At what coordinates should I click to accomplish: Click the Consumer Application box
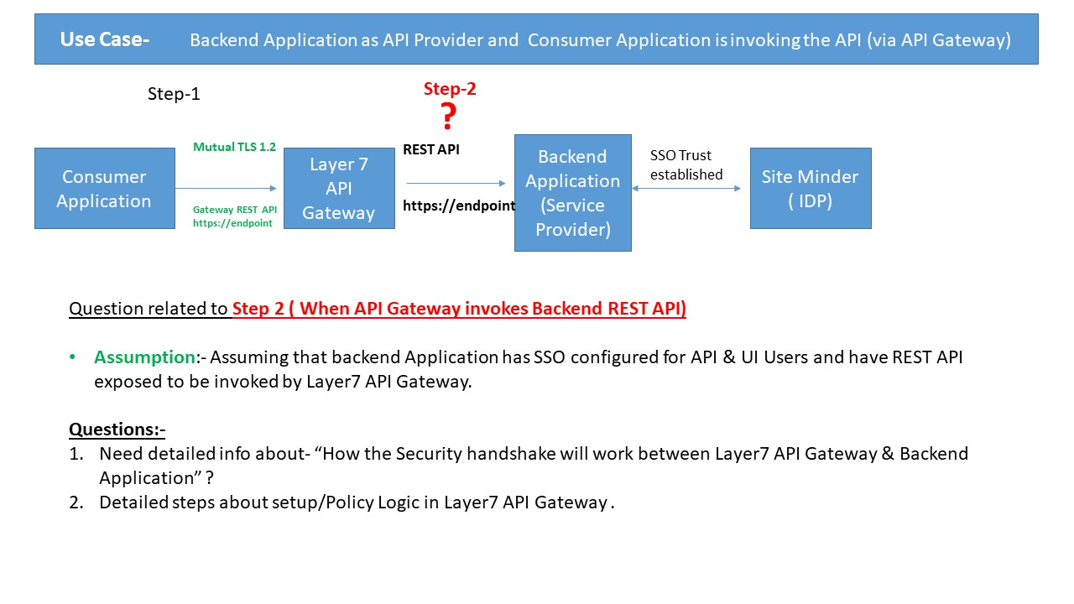[x=104, y=189]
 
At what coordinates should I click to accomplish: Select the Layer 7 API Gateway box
[x=339, y=189]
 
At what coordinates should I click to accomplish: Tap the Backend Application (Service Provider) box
[x=572, y=193]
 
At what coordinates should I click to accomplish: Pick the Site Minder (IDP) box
[x=810, y=189]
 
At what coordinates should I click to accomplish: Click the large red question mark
[x=449, y=116]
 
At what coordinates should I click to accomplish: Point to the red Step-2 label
[x=450, y=89]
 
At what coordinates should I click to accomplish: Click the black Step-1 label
[x=174, y=94]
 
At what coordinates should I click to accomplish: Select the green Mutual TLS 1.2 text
[x=234, y=147]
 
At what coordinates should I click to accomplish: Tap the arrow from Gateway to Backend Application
[x=455, y=183]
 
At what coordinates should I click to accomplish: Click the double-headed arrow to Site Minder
[x=686, y=189]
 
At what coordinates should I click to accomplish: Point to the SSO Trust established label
[x=686, y=165]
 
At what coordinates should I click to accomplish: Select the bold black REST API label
[x=431, y=149]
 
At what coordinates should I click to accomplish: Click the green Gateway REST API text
[x=234, y=209]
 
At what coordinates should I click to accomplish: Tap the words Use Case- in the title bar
[x=105, y=39]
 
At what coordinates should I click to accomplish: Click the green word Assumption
[x=144, y=357]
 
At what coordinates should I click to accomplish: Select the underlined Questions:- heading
[x=117, y=430]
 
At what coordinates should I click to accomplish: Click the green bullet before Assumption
[x=73, y=357]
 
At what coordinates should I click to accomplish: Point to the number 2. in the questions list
[x=76, y=502]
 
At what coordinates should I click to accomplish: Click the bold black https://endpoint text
[x=458, y=206]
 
